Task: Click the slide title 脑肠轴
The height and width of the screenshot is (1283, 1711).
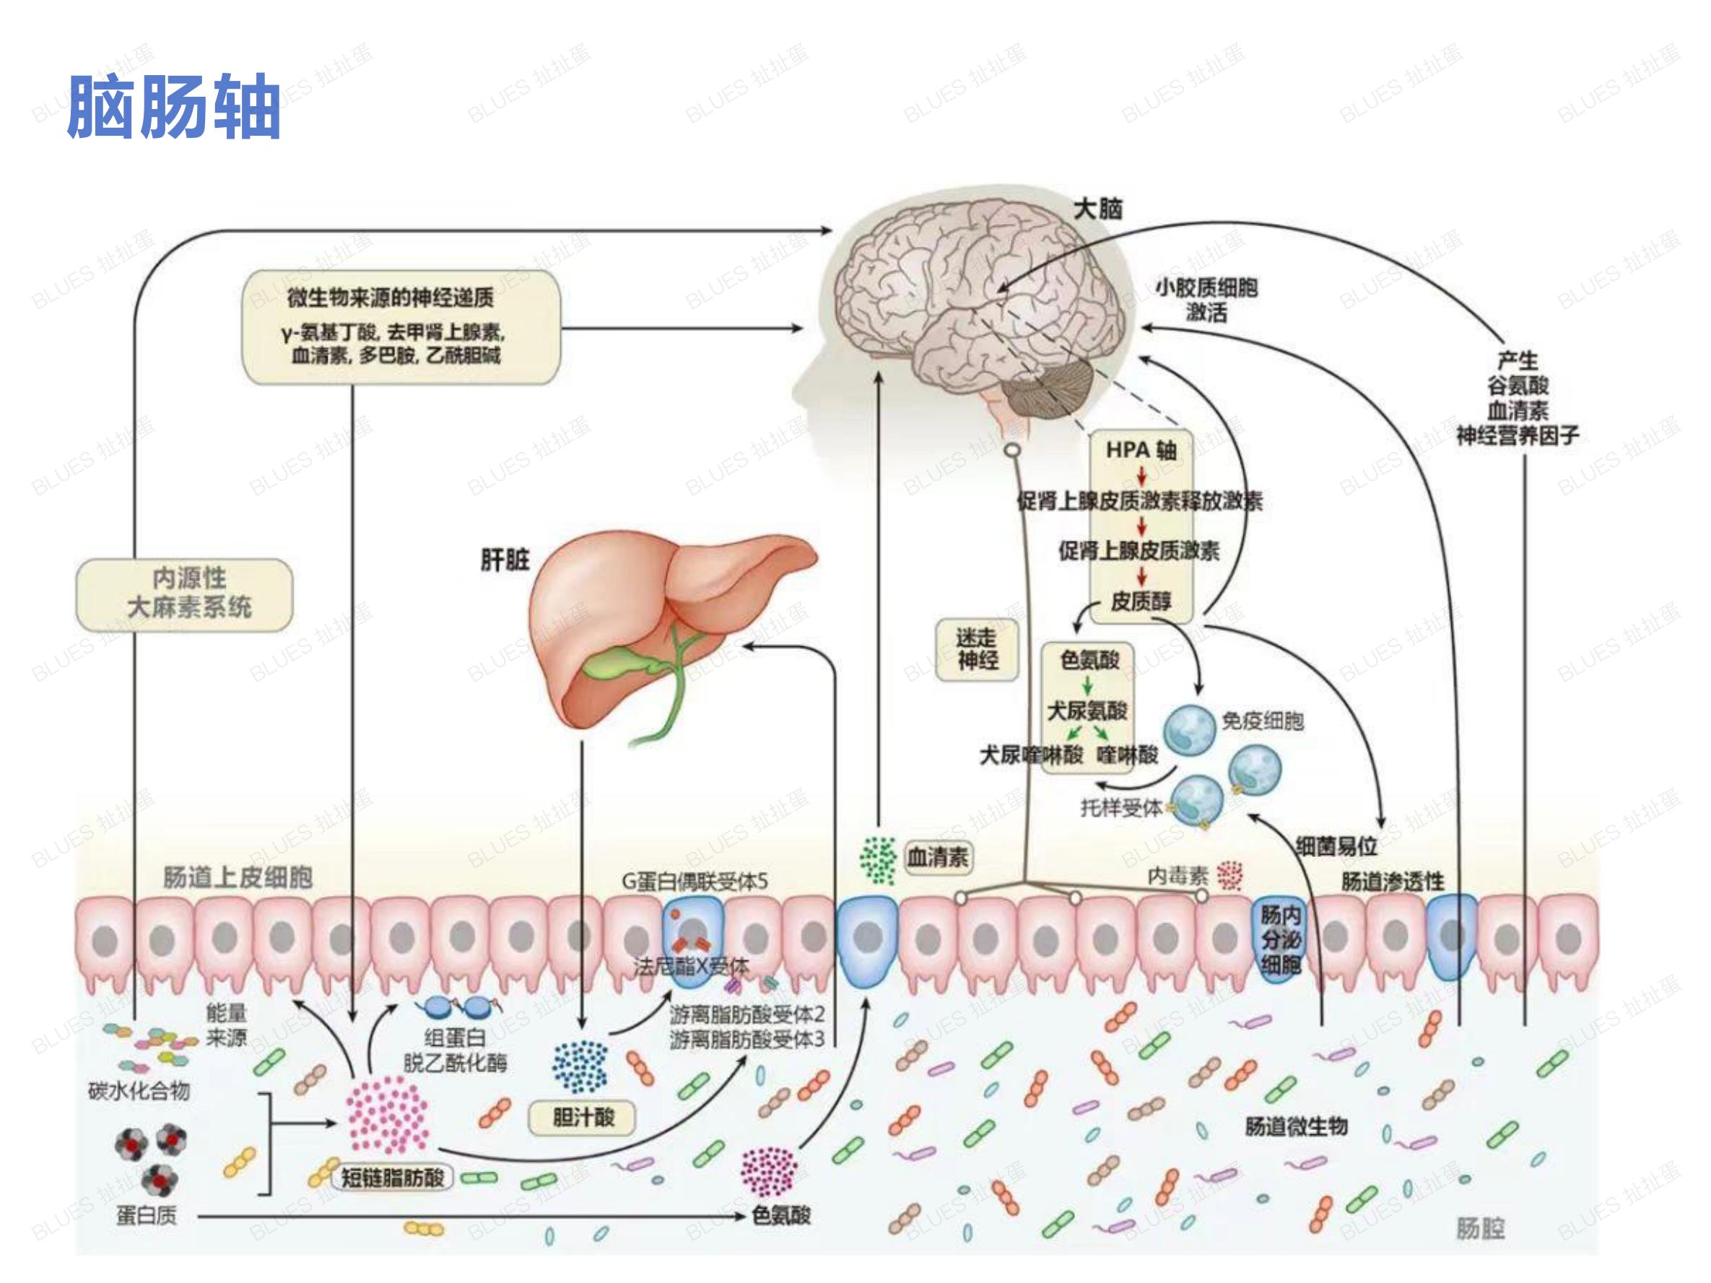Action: coord(174,106)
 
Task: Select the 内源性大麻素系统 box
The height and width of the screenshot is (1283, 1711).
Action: coord(185,594)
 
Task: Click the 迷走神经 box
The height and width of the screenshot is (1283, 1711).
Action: coord(977,649)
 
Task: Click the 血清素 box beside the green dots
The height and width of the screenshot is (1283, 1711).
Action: coord(938,857)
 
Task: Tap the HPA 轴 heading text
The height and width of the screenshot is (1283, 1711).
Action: coord(1141,449)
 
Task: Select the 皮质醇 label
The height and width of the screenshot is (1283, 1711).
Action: coord(1141,601)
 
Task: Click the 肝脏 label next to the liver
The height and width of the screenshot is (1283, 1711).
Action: coord(505,559)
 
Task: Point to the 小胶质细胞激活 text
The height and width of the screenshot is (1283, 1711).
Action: coord(1206,300)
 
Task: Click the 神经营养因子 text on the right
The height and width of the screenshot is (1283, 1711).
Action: coord(1518,435)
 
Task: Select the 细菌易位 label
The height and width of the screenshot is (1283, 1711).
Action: coord(1336,846)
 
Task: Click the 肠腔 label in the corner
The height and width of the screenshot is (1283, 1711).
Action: coord(1480,1229)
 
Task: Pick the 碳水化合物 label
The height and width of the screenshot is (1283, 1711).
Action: coord(139,1091)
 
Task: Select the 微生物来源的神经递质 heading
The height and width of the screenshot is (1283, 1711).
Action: coord(390,297)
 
